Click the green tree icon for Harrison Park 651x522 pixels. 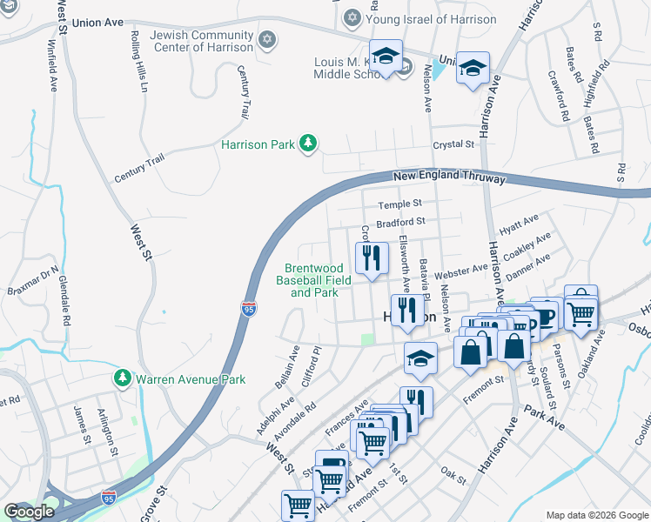[x=307, y=143]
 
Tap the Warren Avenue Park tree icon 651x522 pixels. [x=122, y=379]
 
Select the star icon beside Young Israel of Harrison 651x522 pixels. [x=352, y=17]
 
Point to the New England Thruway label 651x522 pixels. [x=449, y=177]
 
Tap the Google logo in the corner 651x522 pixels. [x=28, y=512]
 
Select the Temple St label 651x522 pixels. [x=399, y=205]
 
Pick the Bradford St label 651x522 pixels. [x=401, y=223]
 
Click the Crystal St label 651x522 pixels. [x=455, y=144]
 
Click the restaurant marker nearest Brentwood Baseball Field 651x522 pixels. [x=371, y=258]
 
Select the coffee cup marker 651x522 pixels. [x=547, y=315]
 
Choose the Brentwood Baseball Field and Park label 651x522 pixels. [x=313, y=281]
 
